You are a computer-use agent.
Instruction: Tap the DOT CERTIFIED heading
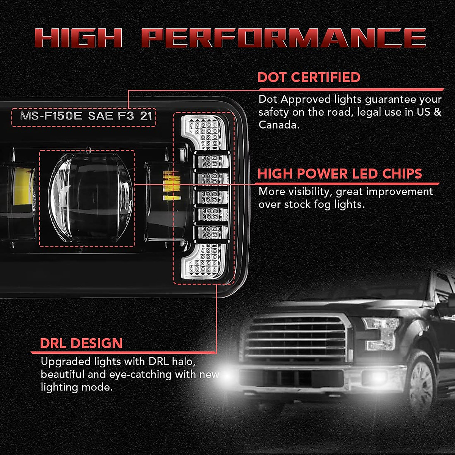point(309,77)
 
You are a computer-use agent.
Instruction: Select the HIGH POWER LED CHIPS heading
point(339,174)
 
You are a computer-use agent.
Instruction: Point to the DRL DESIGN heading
point(81,344)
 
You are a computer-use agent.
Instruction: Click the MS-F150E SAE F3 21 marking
point(86,116)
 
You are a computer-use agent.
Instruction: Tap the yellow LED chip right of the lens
point(171,185)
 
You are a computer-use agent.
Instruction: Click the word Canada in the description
point(278,125)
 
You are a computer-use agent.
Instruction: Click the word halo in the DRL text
point(183,361)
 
